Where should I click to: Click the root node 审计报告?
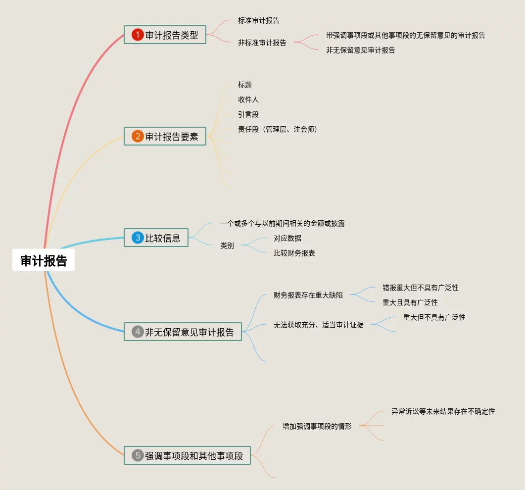(44, 261)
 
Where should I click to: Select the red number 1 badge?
(137, 35)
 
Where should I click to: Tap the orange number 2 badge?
(137, 137)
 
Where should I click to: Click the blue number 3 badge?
(137, 238)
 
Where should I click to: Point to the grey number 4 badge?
(137, 332)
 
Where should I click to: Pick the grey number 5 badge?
(137, 456)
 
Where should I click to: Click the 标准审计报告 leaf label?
(258, 21)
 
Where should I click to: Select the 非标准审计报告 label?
(262, 43)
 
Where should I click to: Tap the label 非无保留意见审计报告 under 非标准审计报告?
(360, 50)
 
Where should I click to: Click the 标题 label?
(244, 85)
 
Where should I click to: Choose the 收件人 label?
(248, 100)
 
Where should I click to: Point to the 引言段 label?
(248, 115)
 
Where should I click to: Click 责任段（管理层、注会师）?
(277, 130)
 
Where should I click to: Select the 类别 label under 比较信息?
(227, 245)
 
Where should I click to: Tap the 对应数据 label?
(287, 238)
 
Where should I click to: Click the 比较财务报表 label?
(294, 253)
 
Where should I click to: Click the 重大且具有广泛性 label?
(410, 302)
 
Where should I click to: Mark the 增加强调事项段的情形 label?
(317, 426)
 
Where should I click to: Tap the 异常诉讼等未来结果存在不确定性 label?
(443, 411)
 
